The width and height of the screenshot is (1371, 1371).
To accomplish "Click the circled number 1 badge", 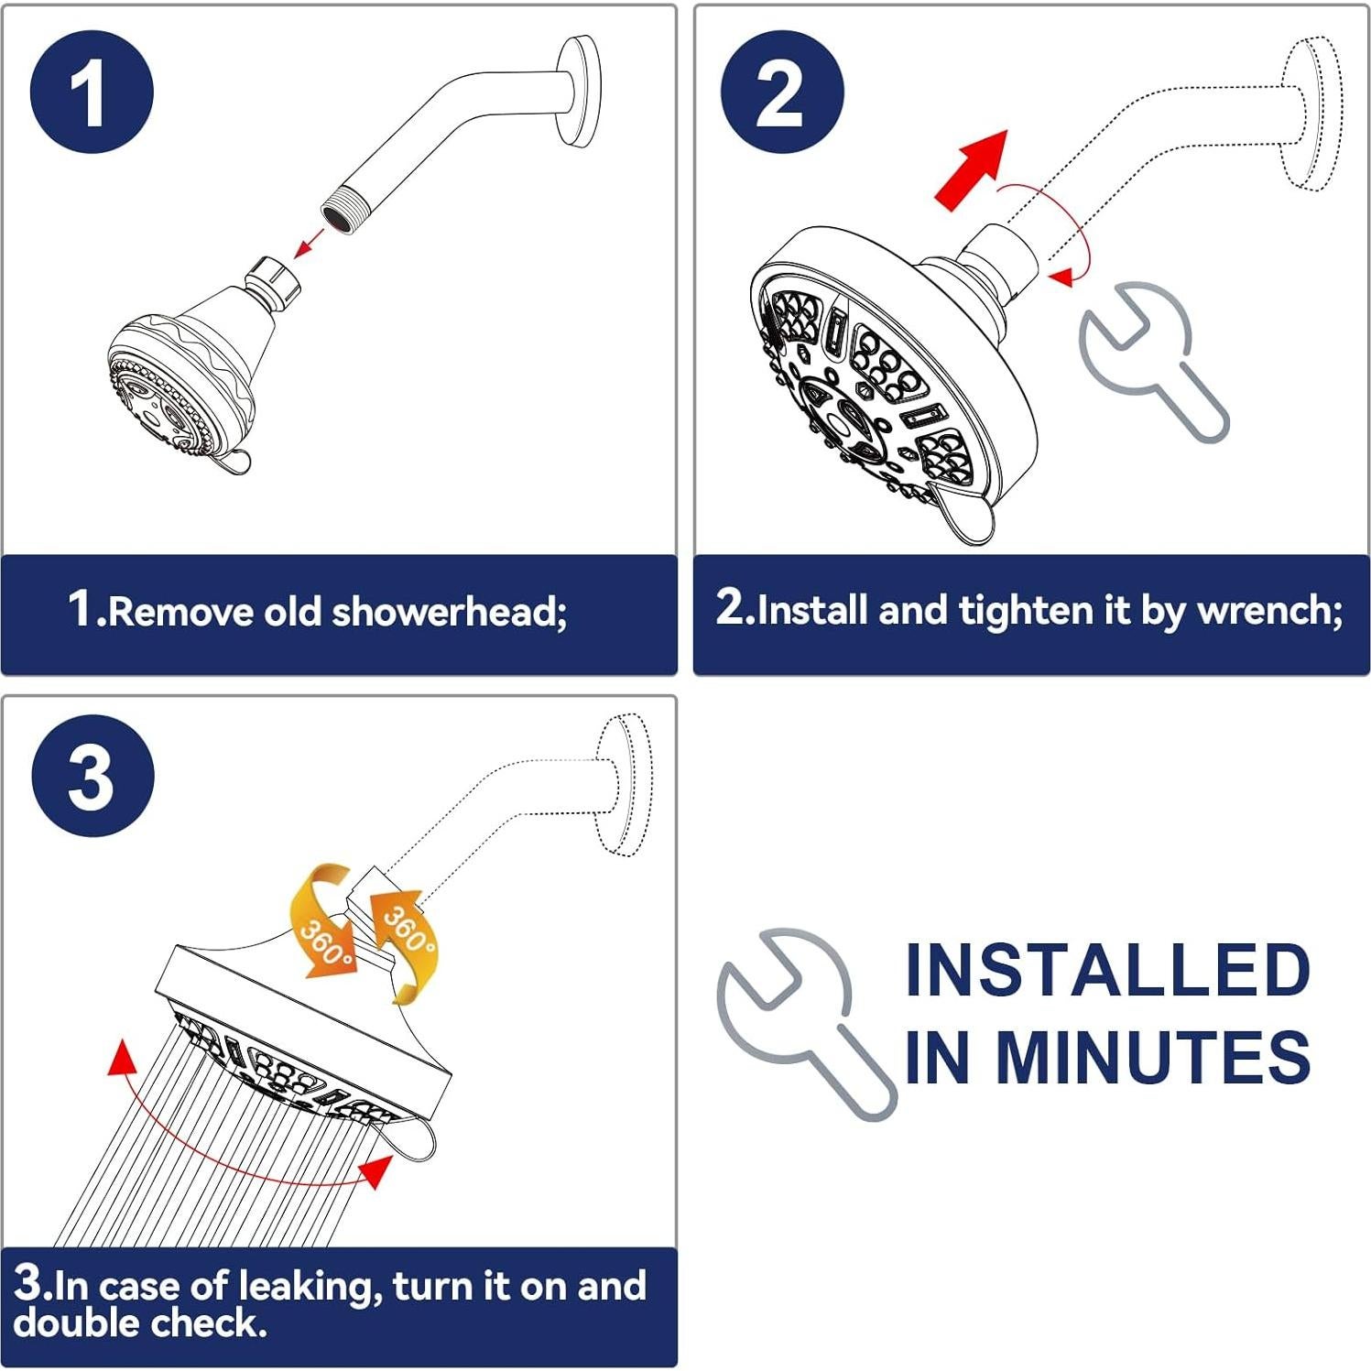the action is click(91, 92).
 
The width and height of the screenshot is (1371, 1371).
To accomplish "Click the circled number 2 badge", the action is click(781, 92).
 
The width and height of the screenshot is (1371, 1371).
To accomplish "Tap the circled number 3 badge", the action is click(92, 776).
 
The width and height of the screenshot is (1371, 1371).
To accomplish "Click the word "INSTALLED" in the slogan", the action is click(1107, 970).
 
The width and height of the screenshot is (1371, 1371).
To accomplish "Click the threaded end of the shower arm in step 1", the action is click(340, 213).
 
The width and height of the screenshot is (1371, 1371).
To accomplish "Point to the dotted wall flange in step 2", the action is click(1311, 114).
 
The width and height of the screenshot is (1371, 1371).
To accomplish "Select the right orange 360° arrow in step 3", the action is click(403, 943).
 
